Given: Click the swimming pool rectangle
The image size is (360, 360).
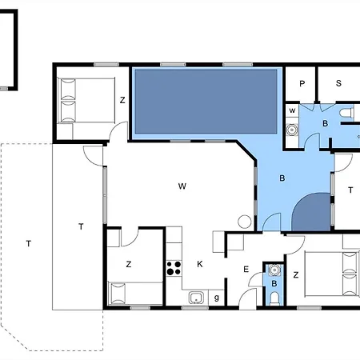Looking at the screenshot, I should click(206, 102).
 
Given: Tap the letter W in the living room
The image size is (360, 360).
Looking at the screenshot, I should click(182, 186).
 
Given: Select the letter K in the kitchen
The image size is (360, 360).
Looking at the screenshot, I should click(199, 263).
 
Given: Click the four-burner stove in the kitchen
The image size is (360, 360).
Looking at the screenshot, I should click(172, 268).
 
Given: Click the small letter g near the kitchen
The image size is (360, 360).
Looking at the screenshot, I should click(218, 298).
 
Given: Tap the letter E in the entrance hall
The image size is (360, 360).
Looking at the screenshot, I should click(246, 270).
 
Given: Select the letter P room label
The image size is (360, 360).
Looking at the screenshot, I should click(302, 83).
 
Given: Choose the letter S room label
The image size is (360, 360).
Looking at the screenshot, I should click(338, 83).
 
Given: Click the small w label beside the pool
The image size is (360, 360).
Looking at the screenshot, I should click(292, 110).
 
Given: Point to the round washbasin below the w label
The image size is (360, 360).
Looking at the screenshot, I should click(293, 128).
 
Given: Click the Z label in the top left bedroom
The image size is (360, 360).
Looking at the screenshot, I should click(122, 100).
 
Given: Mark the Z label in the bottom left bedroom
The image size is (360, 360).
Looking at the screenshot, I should click(128, 263).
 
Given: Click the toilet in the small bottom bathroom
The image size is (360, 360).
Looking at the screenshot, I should click(274, 298).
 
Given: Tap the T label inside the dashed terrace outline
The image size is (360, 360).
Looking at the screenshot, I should click(29, 242).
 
